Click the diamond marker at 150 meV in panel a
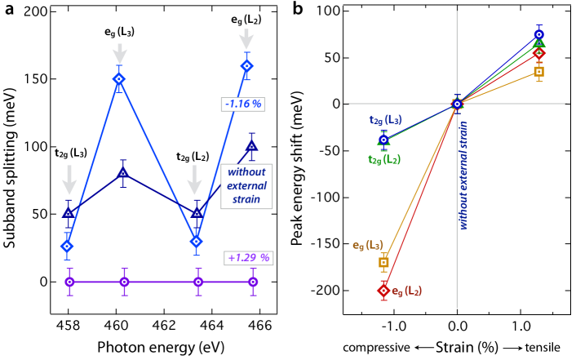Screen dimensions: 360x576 [x=119, y=79]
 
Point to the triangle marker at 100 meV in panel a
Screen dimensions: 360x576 [x=252, y=147]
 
